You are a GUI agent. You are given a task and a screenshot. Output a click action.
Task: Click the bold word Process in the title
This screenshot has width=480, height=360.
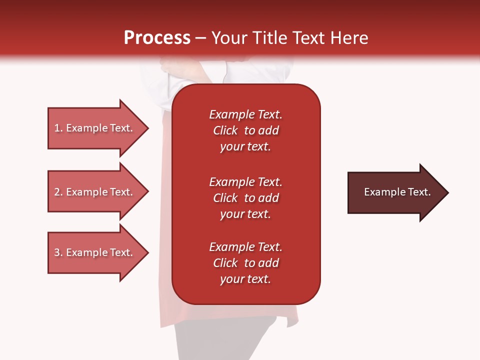[157, 38]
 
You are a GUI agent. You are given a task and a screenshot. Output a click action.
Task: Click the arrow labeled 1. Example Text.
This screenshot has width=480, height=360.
[93, 128]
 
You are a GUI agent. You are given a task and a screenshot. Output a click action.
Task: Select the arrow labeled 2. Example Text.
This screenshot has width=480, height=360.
[93, 192]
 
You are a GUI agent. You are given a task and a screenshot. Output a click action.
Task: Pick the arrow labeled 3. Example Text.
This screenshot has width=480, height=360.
[93, 252]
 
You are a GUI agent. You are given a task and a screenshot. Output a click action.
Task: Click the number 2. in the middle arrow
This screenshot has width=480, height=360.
[58, 192]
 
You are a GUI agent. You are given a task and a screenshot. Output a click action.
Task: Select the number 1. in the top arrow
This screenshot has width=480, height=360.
[58, 128]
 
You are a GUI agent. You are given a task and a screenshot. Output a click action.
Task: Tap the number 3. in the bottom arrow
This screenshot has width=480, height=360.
[58, 252]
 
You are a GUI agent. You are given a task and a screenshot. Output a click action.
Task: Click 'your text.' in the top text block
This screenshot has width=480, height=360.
[245, 147]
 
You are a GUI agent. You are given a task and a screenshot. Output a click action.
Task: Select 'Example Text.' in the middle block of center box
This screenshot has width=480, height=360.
[245, 181]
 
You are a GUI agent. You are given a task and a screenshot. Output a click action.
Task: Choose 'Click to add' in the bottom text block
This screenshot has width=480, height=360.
[245, 263]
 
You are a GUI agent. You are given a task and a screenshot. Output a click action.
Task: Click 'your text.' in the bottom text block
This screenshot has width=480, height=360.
[245, 279]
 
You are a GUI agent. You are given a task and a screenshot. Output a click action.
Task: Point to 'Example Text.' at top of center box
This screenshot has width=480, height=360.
[245, 114]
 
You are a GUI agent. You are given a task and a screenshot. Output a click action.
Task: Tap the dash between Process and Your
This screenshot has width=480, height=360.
[201, 38]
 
